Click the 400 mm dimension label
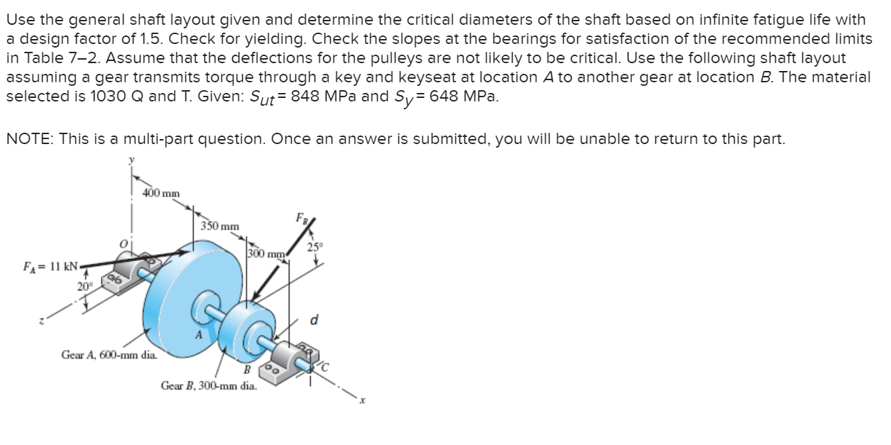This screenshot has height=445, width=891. click(160, 192)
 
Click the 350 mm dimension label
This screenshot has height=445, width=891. click(219, 226)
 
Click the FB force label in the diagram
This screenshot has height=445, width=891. click(303, 218)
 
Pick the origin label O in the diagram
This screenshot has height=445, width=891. click(123, 244)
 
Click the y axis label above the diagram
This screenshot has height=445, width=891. click(130, 162)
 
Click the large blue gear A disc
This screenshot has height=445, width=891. click(192, 284)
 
